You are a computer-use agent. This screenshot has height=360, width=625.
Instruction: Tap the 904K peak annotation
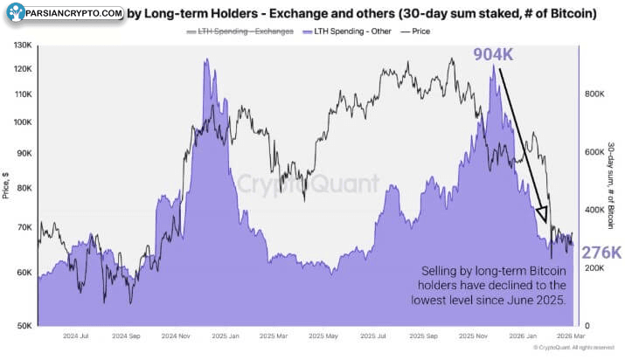point(493,54)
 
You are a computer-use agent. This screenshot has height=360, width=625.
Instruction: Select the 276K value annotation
point(602,253)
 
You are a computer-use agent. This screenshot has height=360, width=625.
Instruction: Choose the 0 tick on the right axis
point(588,326)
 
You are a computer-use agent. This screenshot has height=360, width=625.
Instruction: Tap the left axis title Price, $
point(8,185)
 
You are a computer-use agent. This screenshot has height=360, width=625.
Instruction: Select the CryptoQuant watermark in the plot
point(309,184)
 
